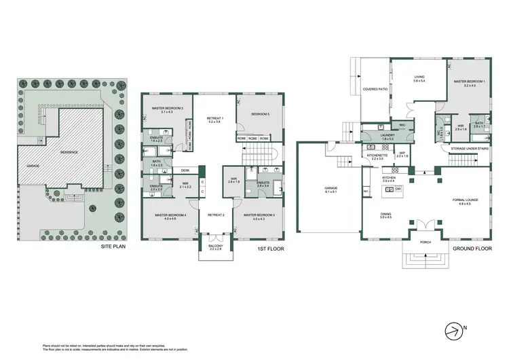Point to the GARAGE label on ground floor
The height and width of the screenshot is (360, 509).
(332, 188)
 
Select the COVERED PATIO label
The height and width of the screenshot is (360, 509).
(374, 89)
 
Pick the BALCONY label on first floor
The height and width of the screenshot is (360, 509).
(216, 247)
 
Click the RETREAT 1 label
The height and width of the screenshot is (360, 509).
(216, 119)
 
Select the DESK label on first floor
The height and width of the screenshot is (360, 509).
(185, 170)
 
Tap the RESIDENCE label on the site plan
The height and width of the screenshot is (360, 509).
(71, 153)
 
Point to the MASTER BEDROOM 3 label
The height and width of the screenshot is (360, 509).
(167, 109)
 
